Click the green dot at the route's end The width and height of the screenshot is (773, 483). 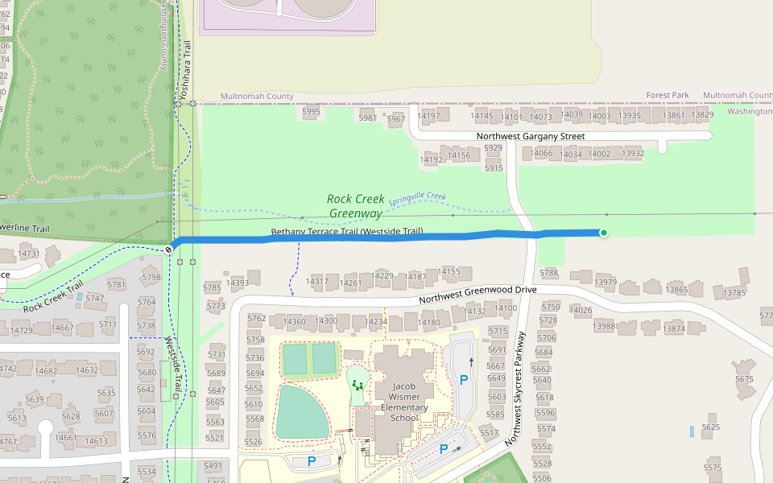click(604, 233)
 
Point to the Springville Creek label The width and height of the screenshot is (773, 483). click(417, 198)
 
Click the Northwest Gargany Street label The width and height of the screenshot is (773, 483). click(530, 136)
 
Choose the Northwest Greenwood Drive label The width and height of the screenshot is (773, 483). click(477, 295)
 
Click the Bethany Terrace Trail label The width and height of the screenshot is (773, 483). click(346, 232)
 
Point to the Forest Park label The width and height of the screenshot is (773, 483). click(668, 95)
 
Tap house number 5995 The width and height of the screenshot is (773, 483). click(311, 112)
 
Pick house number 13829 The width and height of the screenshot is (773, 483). click(701, 115)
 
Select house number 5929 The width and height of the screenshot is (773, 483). click(494, 148)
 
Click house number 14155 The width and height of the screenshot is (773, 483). click(450, 271)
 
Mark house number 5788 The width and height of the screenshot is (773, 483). click(549, 273)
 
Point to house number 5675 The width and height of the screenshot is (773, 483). click(744, 379)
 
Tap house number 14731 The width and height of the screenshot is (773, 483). click(28, 254)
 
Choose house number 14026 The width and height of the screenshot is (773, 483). click(581, 310)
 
